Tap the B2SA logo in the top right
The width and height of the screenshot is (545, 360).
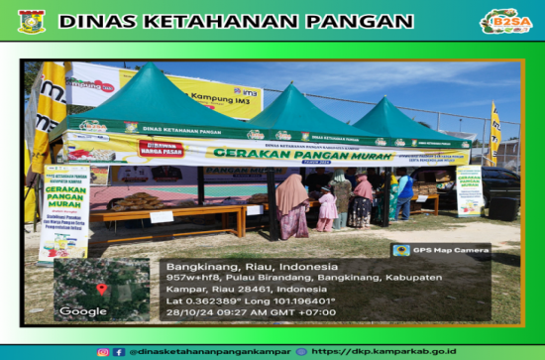[506, 21]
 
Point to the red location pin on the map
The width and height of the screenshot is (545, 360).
[101, 289]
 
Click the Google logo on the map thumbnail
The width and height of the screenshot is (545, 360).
[83, 311]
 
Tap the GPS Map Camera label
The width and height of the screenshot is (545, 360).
[441, 250]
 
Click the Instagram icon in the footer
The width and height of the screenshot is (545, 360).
[103, 351]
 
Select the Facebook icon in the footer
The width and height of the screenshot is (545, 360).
[119, 351]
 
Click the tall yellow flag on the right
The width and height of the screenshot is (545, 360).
[494, 134]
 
